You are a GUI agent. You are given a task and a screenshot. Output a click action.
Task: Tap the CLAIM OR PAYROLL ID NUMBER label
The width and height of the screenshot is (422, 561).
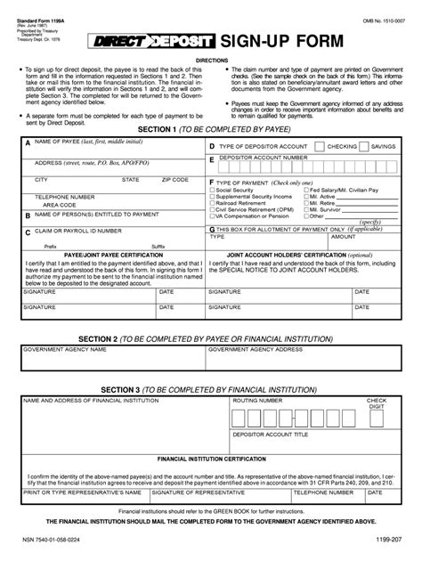click(x=77, y=230)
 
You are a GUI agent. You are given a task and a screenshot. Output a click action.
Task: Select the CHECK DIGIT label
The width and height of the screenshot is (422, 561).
click(x=377, y=404)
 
